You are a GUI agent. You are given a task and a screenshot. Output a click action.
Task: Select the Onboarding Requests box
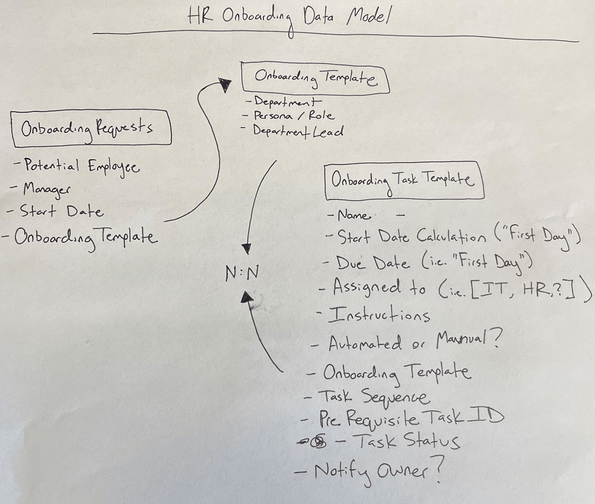click(x=91, y=128)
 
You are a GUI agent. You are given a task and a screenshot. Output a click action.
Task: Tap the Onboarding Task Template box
click(x=404, y=181)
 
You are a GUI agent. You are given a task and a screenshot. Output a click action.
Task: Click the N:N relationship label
click(x=242, y=273)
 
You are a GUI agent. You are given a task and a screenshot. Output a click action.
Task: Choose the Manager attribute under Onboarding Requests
click(x=46, y=189)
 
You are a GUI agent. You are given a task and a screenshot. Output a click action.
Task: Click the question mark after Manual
click(x=495, y=339)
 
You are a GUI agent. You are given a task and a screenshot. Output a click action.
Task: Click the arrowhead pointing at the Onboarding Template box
click(x=226, y=86)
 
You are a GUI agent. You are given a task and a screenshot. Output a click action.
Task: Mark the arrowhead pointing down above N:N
click(x=246, y=249)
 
